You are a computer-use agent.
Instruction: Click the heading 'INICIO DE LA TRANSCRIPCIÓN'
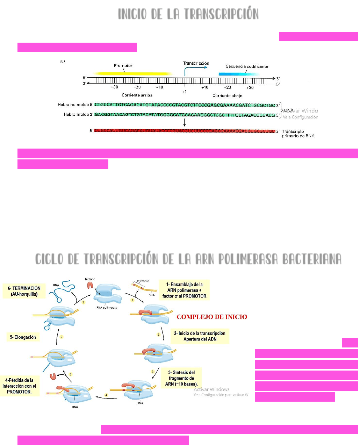(x=188, y=14)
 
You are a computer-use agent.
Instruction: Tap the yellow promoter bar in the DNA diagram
(x=133, y=74)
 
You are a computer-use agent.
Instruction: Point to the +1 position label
(x=184, y=92)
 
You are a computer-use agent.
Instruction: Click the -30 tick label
(x=114, y=87)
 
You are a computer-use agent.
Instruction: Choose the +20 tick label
(x=227, y=87)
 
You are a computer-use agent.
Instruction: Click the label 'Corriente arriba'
(x=137, y=95)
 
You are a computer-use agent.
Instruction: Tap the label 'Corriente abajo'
(x=227, y=95)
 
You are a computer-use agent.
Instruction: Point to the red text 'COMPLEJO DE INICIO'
(x=212, y=317)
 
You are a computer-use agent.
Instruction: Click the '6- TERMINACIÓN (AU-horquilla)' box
(x=24, y=291)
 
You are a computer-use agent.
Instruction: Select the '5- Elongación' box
(x=23, y=337)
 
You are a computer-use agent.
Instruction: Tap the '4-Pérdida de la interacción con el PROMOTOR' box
(x=19, y=386)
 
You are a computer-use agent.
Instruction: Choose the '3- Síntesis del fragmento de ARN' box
(x=181, y=378)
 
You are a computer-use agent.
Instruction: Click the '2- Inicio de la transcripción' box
(x=200, y=336)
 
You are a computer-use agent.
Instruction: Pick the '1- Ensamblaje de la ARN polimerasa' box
(x=184, y=290)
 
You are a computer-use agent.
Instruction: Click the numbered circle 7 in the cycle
(x=83, y=302)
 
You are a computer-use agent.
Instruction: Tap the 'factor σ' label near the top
(x=90, y=279)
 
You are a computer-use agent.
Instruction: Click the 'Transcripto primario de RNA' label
(x=298, y=134)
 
